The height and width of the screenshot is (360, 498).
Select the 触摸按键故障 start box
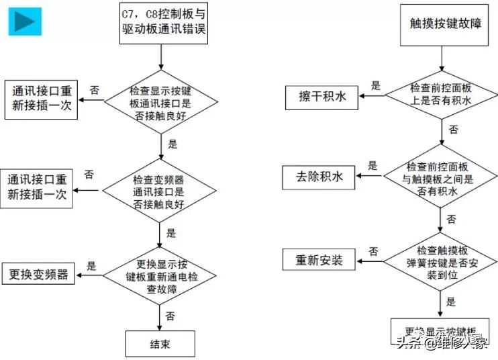[441, 24]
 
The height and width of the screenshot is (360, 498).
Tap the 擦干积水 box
[322, 97]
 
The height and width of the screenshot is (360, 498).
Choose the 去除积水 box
[319, 177]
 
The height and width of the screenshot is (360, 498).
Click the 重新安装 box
[319, 259]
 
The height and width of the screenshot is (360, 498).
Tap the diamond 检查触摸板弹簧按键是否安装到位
[441, 259]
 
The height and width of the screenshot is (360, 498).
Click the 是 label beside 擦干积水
[375, 86]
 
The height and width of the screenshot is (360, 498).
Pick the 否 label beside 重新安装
[372, 251]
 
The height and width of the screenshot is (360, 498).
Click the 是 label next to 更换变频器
[92, 265]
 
